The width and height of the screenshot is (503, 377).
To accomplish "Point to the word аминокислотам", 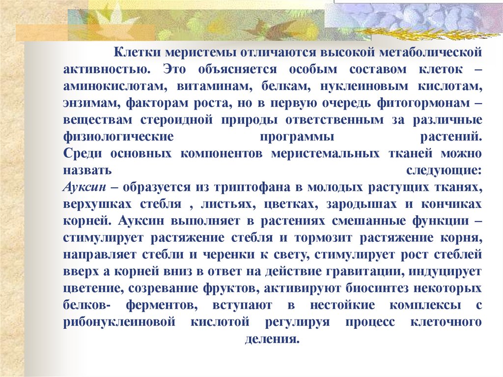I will pos(110,86).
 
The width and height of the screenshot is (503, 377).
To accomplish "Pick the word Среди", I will pos(83,154).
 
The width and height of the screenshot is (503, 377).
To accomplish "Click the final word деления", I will pos(272,340).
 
